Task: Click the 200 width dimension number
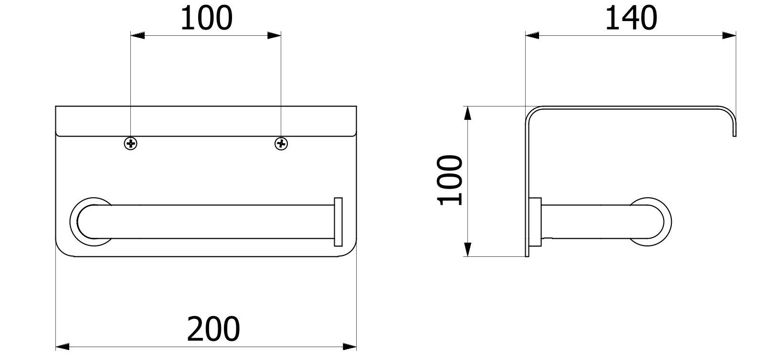213,329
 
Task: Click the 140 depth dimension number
631,19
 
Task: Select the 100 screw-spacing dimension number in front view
206,19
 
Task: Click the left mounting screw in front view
130,143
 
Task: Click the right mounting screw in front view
281,143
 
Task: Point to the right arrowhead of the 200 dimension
350,346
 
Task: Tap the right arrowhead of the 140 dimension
729,35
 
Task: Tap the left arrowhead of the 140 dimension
532,35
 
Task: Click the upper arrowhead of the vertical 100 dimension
468,113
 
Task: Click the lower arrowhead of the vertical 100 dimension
468,249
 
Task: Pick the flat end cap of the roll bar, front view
338,221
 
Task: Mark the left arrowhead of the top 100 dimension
138,35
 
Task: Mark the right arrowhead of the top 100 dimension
274,35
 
